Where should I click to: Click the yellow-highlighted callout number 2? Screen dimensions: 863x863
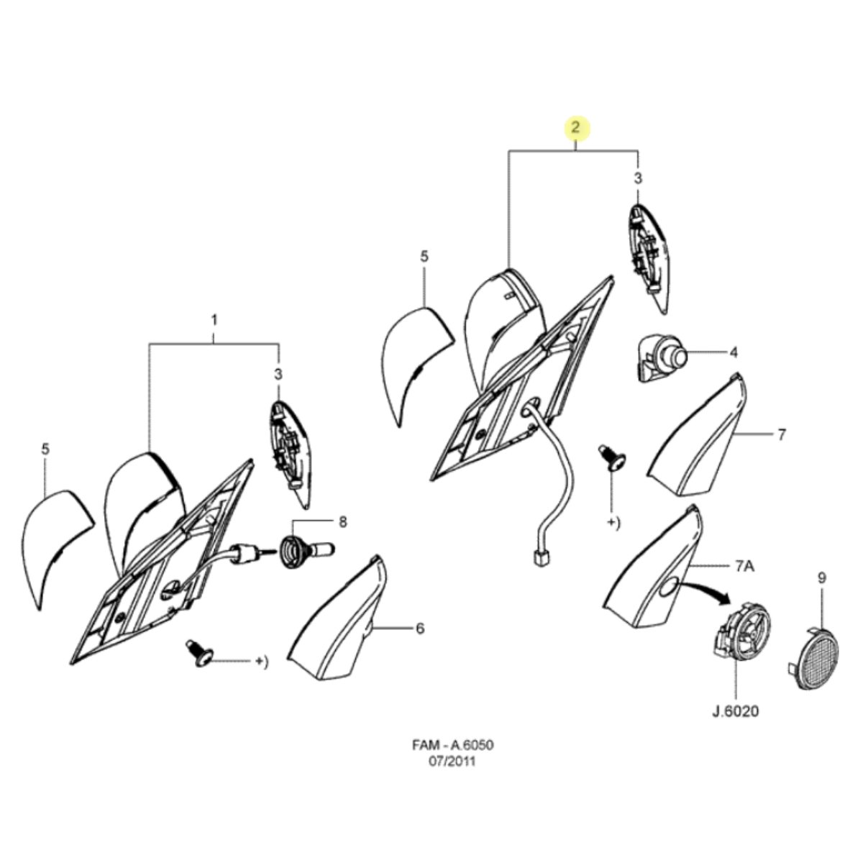point(575,127)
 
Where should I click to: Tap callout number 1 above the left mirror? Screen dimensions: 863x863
point(214,320)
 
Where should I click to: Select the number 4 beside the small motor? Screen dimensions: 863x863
point(734,353)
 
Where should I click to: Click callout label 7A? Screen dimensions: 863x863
point(744,567)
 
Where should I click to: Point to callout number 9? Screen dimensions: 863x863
point(822,577)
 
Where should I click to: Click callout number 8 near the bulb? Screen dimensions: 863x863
point(342,521)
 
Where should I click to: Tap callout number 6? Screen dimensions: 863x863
point(419,629)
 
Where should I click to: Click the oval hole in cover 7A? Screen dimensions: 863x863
point(669,586)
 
